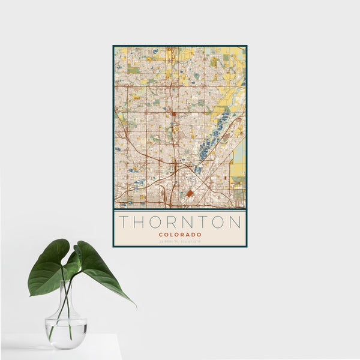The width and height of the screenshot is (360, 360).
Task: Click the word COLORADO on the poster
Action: click(180, 235)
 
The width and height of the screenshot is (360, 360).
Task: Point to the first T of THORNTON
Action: click(124, 223)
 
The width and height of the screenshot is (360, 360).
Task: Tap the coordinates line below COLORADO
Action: click(180, 241)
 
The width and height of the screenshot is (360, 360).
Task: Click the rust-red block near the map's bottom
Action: click(190, 194)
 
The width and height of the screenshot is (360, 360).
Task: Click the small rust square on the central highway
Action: click(173, 112)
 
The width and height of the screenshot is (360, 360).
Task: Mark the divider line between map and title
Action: click(180, 209)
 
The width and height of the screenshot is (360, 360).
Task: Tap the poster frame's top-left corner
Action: click(113, 46)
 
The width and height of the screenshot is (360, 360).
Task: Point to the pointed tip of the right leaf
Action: click(134, 305)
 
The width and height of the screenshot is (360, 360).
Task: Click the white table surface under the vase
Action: click(90, 351)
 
